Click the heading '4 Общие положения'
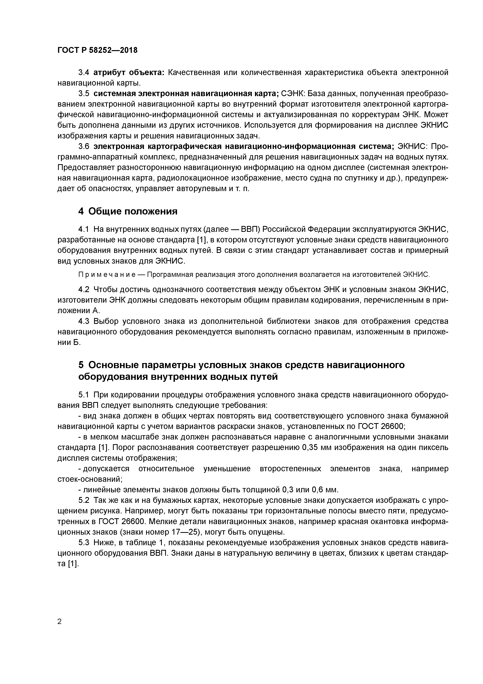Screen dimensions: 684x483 128,211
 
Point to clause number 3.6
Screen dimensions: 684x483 84,147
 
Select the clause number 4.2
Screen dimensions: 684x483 84,290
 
